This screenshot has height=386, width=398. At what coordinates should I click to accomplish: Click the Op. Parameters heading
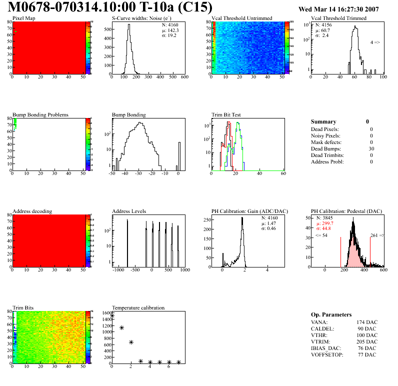[x=331, y=314]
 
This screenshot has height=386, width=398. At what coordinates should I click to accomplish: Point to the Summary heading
[x=323, y=121]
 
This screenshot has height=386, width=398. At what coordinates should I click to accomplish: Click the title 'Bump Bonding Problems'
[x=40, y=115]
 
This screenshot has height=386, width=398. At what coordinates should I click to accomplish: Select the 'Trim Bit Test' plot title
[x=226, y=115]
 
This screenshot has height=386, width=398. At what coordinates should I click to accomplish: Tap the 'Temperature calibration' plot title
[x=138, y=307]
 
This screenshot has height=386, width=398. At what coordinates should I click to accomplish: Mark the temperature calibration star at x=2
[x=131, y=342]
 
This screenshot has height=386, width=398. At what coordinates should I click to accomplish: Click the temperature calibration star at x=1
[x=121, y=327]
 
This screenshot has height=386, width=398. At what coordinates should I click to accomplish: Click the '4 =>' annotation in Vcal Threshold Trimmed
[x=375, y=42]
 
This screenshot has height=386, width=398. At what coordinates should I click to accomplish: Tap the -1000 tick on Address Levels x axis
[x=118, y=270]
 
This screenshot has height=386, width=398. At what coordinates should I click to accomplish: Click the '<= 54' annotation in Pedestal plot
[x=321, y=235]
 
